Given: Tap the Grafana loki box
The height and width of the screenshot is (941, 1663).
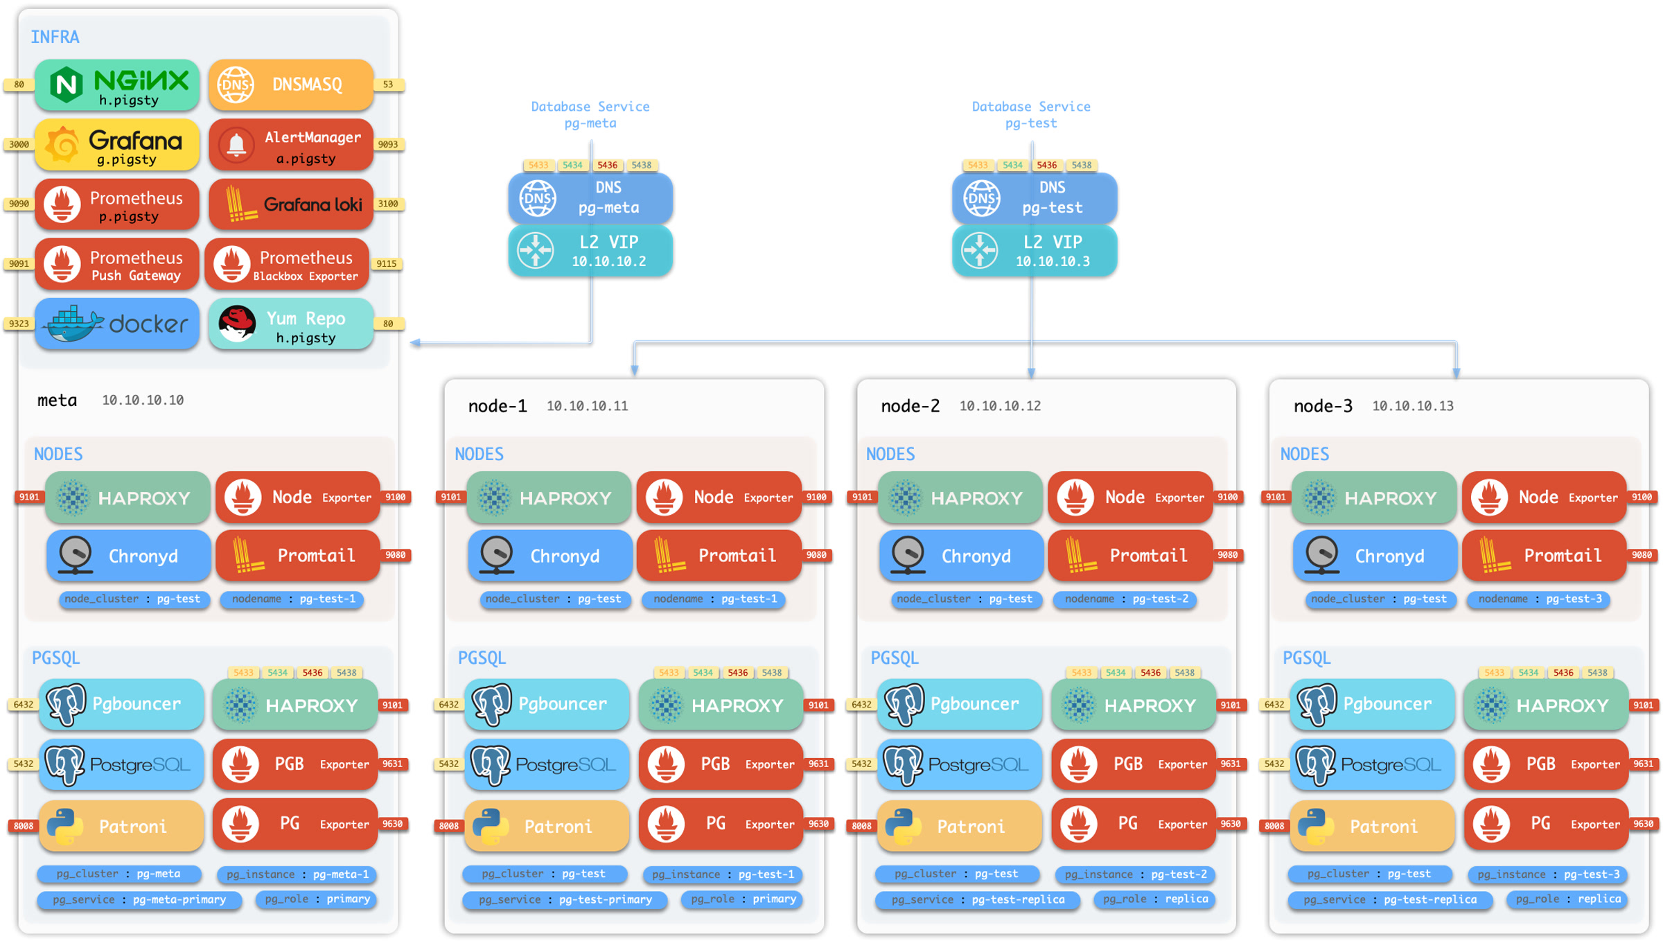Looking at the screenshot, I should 291,204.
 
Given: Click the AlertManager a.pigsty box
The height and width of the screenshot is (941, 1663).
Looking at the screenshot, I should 291,146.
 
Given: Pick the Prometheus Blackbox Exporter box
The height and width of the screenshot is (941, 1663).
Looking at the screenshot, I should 287,265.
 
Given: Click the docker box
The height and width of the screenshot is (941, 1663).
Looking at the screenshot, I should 117,324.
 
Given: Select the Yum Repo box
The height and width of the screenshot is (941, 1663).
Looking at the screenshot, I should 291,325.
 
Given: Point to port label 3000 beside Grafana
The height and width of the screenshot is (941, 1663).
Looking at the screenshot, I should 19,144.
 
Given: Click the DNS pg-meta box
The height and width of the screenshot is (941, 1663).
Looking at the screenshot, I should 590,197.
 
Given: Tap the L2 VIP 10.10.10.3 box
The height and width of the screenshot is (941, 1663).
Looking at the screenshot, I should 1034,251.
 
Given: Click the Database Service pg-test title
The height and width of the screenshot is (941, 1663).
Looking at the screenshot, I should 1031,114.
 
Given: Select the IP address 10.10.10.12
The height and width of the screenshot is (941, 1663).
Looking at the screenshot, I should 1000,406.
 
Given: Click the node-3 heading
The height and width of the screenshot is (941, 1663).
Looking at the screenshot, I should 1323,406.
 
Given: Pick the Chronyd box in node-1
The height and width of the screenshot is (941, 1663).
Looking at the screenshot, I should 549,556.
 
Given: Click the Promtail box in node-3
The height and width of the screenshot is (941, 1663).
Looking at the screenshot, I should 1544,556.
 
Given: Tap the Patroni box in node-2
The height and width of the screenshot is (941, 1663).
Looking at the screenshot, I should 959,825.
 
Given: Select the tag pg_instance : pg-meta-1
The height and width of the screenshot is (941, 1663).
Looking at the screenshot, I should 297,874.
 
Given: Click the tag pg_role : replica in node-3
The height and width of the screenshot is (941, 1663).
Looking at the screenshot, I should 1568,899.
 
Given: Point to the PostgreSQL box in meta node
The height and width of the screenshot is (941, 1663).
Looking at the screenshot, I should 121,764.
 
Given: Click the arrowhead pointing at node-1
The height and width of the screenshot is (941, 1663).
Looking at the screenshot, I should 634,371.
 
